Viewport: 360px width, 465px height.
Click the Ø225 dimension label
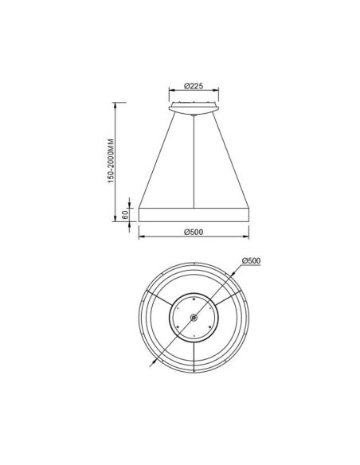[193, 85]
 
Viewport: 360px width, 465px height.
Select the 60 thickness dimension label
[126, 214]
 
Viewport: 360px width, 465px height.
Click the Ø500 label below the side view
[194, 232]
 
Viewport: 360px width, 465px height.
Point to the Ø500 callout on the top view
[252, 261]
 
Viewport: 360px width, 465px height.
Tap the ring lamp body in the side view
[194, 215]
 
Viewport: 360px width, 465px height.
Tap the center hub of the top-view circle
[194, 317]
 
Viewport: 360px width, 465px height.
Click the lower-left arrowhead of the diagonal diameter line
[151, 361]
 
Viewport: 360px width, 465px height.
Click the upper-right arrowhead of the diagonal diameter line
[238, 272]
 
